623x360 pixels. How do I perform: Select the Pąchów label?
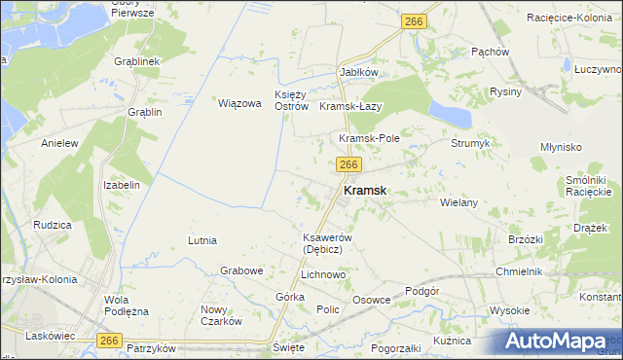point(490,52)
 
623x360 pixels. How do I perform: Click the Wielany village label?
point(458,202)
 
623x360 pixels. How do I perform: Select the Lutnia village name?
point(202,240)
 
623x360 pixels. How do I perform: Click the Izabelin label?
point(123,185)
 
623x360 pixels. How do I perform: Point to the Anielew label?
point(59,143)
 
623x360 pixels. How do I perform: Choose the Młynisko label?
point(561,146)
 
